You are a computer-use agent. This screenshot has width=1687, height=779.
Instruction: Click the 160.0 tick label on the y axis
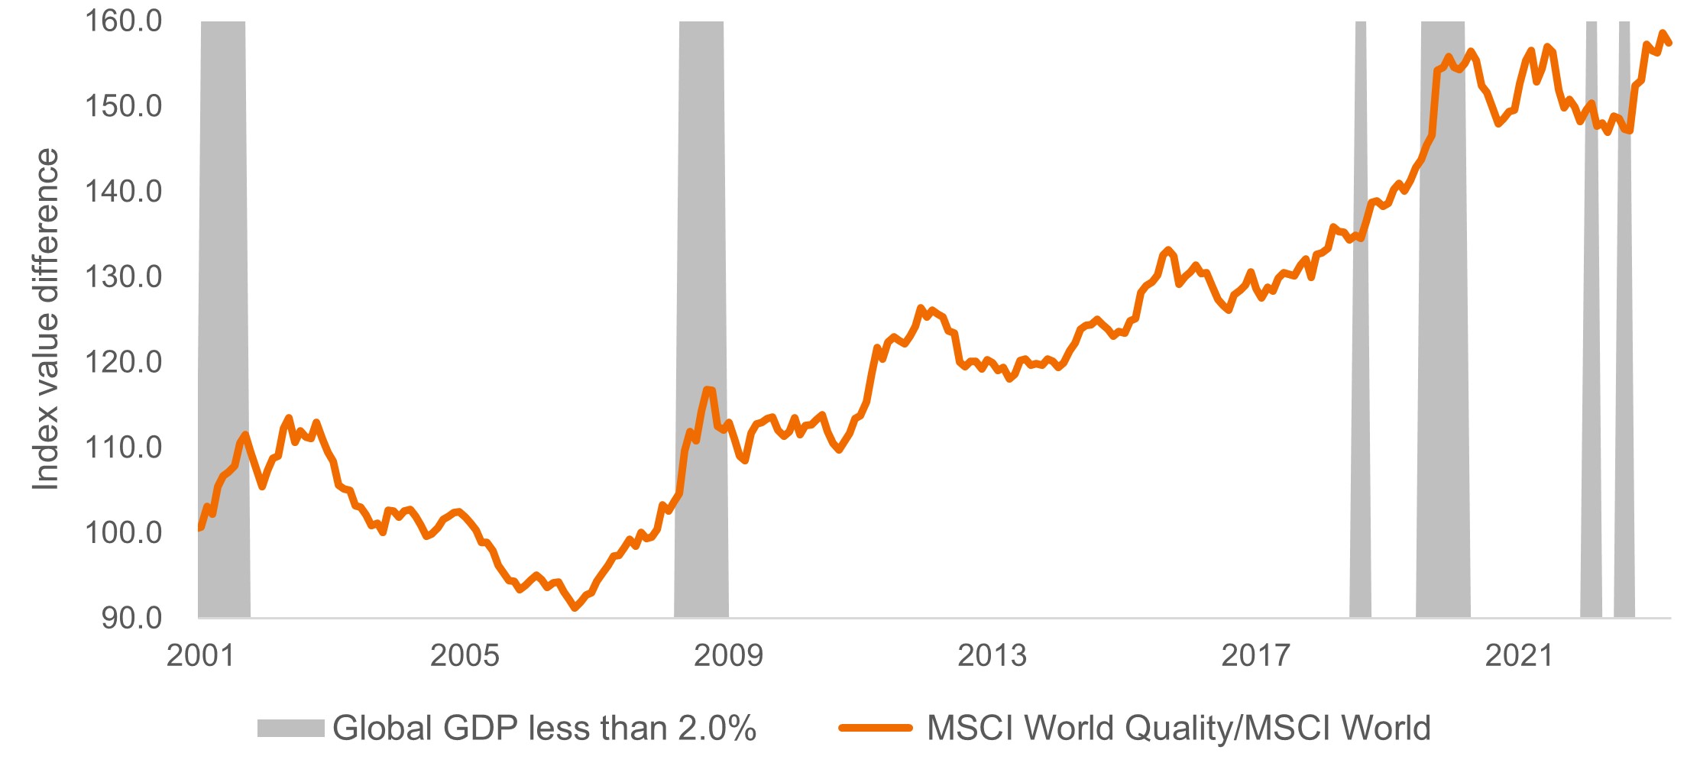tap(123, 21)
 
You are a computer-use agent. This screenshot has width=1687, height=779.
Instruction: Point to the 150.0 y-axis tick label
tap(123, 106)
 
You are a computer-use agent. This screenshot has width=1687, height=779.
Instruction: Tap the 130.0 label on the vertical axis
tap(123, 276)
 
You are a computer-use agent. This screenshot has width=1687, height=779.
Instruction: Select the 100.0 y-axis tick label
tap(123, 532)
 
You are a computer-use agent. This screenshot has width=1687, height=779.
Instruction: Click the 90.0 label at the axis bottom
tap(131, 618)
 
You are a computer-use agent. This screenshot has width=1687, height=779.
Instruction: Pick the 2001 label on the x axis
tap(200, 655)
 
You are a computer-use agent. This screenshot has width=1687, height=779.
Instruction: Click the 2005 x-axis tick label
tap(464, 655)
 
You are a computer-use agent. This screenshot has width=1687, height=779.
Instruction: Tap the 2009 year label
tap(727, 655)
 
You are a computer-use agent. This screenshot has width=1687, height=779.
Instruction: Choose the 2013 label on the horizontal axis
tap(992, 655)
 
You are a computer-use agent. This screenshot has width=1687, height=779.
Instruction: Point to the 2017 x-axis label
tap(1255, 655)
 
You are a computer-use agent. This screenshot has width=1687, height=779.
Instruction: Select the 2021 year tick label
tap(1519, 655)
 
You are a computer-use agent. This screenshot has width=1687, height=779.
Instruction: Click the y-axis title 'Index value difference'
tap(46, 319)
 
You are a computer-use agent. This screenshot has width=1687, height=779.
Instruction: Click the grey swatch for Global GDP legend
tap(290, 729)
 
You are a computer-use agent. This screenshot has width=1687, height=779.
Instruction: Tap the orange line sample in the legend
tap(876, 729)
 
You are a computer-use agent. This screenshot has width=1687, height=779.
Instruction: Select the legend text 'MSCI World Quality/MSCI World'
tap(1178, 729)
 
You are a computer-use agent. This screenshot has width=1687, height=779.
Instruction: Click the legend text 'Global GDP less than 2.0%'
tap(544, 729)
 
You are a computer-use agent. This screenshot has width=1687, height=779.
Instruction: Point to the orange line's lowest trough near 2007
tap(575, 608)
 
